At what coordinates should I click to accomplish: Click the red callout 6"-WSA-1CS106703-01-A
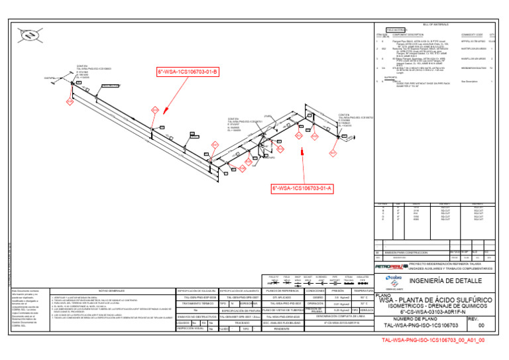[x=302, y=188]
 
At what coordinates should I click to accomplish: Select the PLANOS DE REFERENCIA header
[x=284, y=290]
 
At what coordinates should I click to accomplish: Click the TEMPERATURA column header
[x=363, y=290]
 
